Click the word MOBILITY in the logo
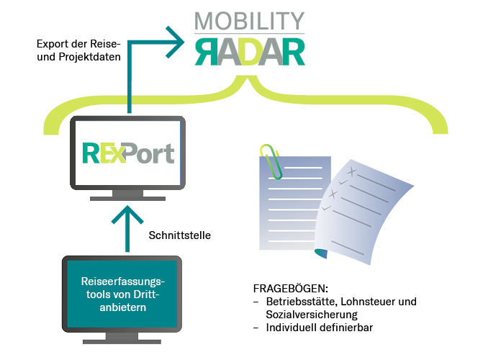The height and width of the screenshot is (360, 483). pos(249,19)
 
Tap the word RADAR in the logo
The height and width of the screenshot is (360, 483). pos(249,51)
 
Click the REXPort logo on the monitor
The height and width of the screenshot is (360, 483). pos(128,153)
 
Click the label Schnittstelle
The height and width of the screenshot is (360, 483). pos(179,235)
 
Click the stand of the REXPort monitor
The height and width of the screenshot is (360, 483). pos(128,194)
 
